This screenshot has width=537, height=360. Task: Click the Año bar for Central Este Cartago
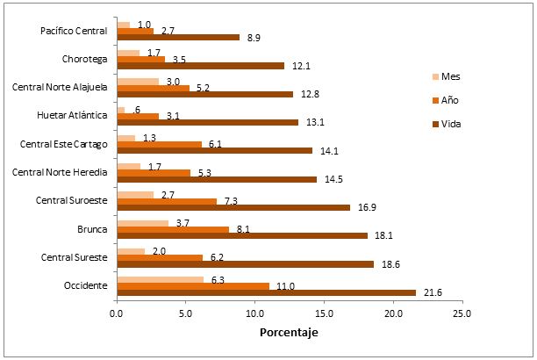tap(159, 144)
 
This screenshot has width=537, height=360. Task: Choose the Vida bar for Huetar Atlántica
tap(207, 122)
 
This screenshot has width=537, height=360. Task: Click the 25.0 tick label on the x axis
tap(462, 312)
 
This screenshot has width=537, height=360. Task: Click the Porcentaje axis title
tap(289, 334)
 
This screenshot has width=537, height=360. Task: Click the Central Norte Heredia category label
tap(66, 171)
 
